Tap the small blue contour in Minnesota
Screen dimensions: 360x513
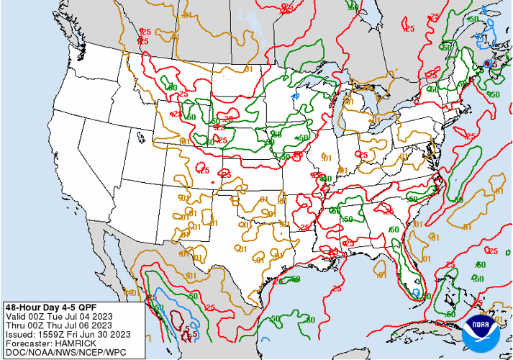pyautogui.click(x=294, y=95)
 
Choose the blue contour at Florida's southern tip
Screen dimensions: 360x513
pyautogui.click(x=415, y=292)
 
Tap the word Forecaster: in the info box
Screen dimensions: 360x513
pyautogui.click(x=27, y=343)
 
